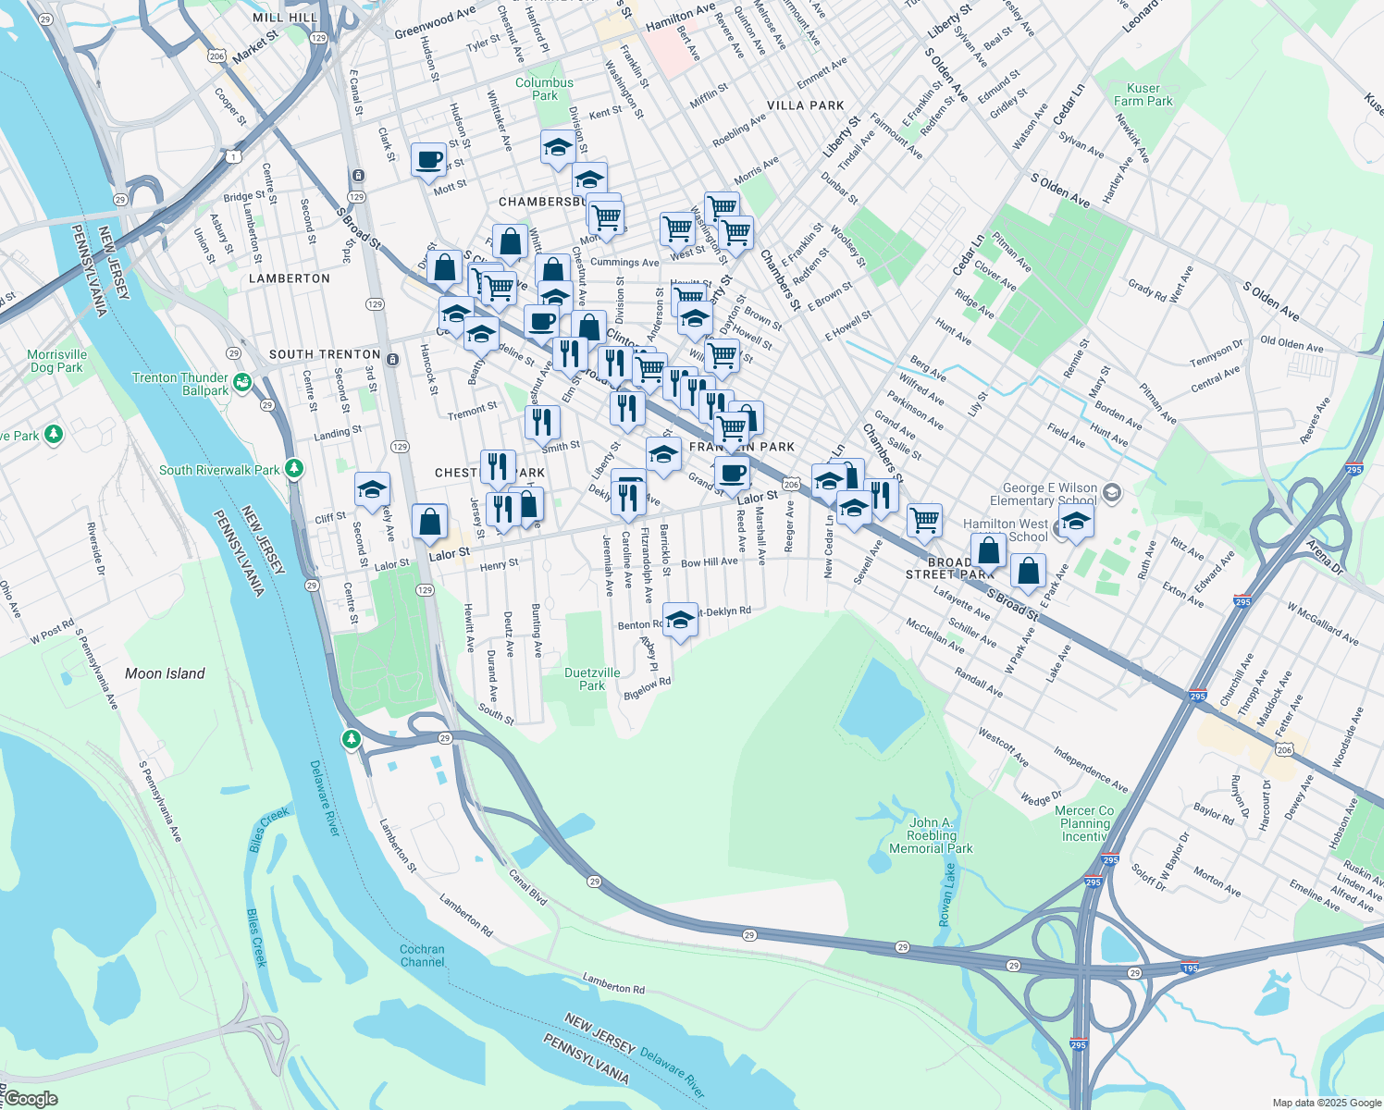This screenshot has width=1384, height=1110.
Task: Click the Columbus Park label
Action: coord(544,89)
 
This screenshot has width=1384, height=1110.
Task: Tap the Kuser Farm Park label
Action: coord(1143,94)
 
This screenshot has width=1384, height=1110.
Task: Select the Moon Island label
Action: coord(165,673)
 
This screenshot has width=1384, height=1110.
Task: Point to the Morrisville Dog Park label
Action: coord(56,361)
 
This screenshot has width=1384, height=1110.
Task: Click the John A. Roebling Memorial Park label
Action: coord(931,835)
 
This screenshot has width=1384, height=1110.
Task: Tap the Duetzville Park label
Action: coord(592,679)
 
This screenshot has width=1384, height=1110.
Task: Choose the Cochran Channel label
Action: coord(422,956)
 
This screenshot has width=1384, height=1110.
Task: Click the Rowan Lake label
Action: coord(946,894)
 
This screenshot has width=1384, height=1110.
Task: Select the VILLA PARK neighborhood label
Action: coord(805,105)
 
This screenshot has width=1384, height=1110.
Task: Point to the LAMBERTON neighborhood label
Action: coord(290,278)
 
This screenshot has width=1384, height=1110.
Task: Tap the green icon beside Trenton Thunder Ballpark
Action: coord(242,381)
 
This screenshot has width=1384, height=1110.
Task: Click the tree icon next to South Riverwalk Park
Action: coord(294,469)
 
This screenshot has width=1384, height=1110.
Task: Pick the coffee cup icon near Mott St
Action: coord(428,159)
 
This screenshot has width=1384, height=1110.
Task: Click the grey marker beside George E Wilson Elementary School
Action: coord(1112,492)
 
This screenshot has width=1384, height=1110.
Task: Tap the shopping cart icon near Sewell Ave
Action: coord(924,520)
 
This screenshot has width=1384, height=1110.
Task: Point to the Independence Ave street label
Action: coord(1091,771)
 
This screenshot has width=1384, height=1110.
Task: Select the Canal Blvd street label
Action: coord(528,885)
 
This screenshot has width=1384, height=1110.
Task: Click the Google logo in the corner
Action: coord(31,1099)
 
